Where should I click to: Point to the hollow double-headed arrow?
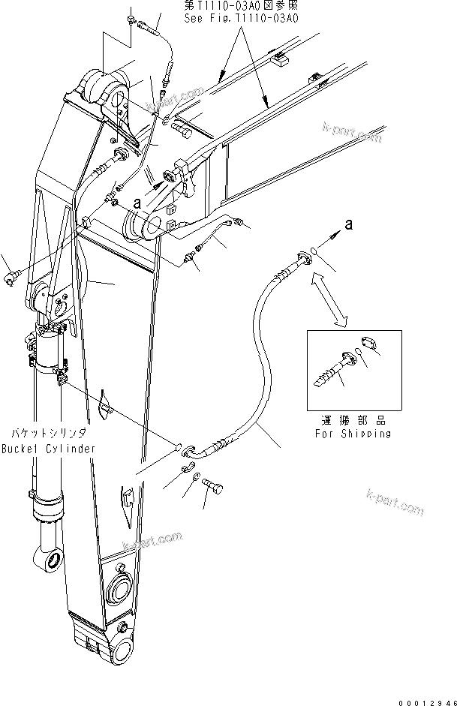click(x=330, y=298)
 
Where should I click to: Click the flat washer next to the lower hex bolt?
click(x=196, y=476)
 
